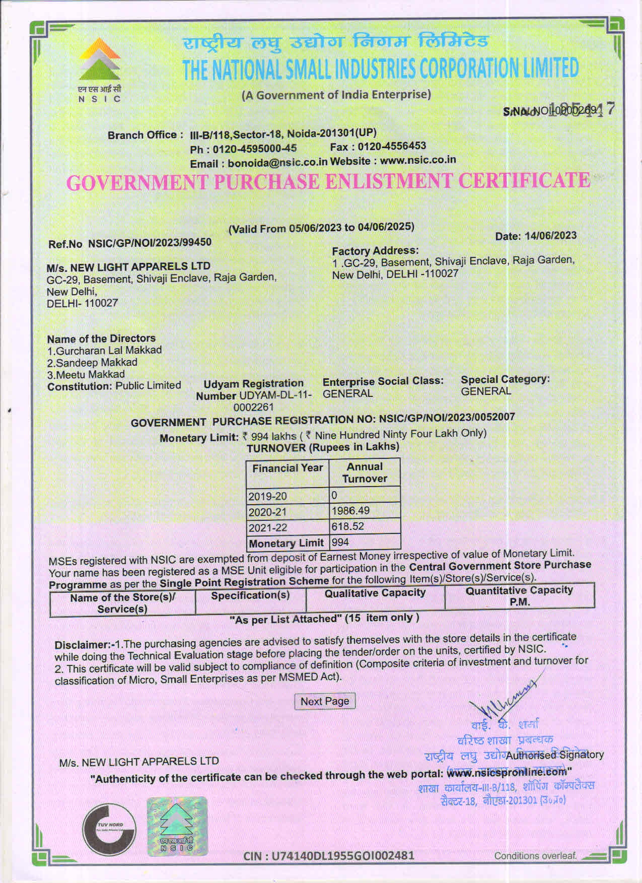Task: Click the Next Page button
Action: pos(325,701)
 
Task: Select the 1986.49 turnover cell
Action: pos(365,511)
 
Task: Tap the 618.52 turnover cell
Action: pos(365,527)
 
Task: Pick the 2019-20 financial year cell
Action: pos(288,496)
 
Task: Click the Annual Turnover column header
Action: pos(365,472)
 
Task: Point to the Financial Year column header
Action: pos(288,468)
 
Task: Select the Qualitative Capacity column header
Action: pos(375,593)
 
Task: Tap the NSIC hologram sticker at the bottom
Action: pos(177,827)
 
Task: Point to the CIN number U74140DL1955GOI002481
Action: pos(329,855)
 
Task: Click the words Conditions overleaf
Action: pos(535,856)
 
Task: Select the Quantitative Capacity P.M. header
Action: pos(519,596)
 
